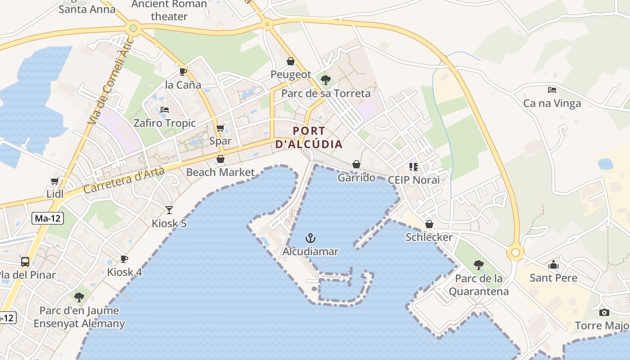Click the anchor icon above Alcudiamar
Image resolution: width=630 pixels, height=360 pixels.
pos(310,238)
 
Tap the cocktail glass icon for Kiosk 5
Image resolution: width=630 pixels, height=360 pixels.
pos(169,210)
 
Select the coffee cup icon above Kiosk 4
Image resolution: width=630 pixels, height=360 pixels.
pos(124,259)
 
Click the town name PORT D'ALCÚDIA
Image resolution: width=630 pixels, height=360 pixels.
pos(309,138)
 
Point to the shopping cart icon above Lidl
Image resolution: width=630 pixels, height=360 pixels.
pos(55,181)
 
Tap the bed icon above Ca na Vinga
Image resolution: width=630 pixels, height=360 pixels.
pos(552,90)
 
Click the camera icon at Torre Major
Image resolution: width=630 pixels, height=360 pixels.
pos(604,312)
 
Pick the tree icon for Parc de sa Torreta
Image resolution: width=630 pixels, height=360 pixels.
pos(326,80)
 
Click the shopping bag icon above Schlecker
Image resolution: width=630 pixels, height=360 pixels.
pos(429,224)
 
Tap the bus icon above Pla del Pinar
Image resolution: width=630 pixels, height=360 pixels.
pos(25,261)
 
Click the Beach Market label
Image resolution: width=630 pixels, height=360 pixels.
pos(220,172)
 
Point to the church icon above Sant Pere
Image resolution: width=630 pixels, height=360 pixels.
pos(553,265)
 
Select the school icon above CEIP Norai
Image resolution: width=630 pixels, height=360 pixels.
pos(414,167)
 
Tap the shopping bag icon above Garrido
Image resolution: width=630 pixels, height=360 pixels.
pos(356,164)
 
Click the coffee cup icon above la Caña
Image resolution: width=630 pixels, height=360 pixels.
pos(183,72)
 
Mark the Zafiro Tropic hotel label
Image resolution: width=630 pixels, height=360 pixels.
pos(165,123)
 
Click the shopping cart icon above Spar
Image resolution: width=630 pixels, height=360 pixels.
pos(220,128)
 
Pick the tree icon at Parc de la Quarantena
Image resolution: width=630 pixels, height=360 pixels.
pos(478,265)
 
